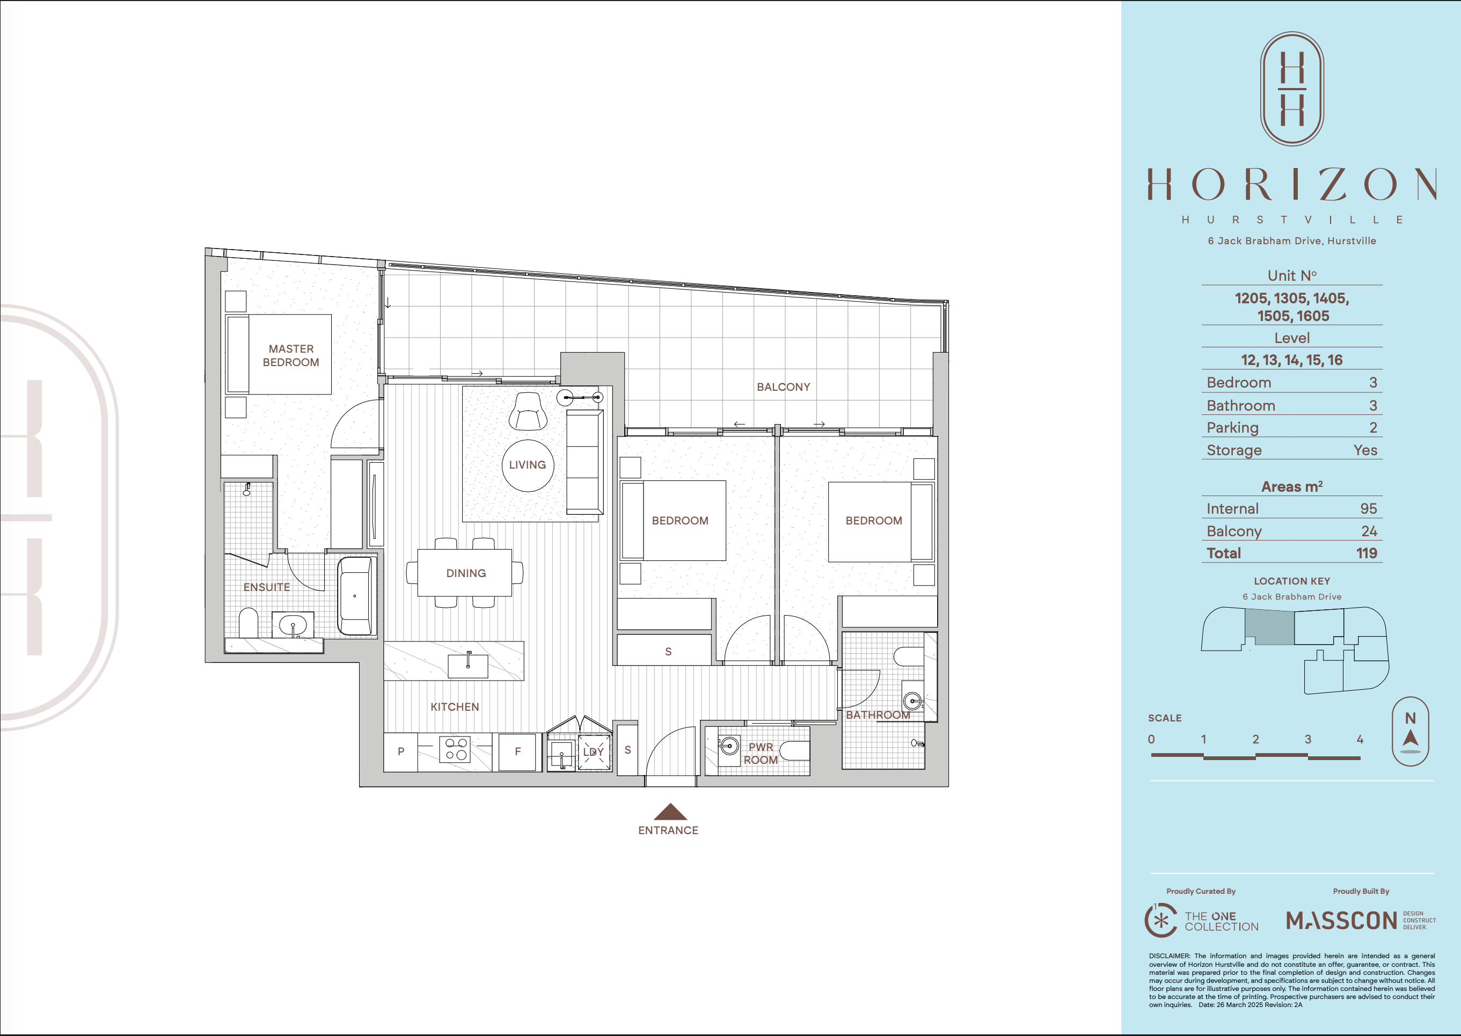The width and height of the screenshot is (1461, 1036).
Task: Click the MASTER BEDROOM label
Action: (291, 355)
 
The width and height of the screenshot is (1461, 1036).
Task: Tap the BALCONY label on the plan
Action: (783, 387)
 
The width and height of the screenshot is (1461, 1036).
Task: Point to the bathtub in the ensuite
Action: (355, 596)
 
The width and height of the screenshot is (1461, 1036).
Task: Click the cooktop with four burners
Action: (455, 749)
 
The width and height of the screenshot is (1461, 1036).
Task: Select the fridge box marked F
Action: (517, 752)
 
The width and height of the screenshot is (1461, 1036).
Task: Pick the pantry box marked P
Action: (400, 752)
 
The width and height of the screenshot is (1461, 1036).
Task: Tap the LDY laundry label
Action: (593, 752)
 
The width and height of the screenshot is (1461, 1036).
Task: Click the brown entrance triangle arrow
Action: (670, 812)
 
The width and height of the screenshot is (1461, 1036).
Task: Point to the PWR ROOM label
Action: (761, 754)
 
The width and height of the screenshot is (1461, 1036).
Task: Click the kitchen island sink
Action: (468, 666)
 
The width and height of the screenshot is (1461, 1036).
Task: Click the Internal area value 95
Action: (1369, 508)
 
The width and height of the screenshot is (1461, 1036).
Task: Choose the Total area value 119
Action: (1367, 553)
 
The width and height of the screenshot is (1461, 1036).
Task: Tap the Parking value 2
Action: (1373, 427)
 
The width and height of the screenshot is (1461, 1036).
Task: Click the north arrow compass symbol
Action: (1410, 732)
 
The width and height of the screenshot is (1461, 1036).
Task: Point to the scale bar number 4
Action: (1360, 739)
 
